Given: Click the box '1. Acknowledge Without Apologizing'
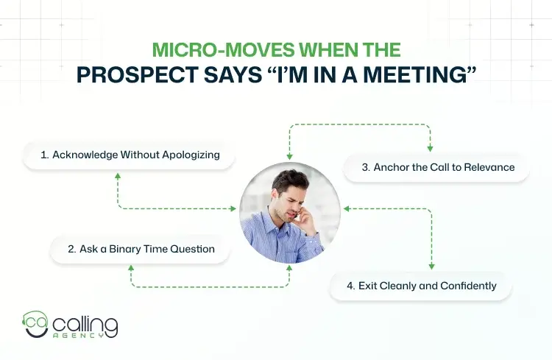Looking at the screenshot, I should tap(131, 156).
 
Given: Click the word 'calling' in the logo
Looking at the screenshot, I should tap(85, 322).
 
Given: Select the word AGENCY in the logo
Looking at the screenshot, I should tap(85, 337).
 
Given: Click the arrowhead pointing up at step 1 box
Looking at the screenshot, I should tap(117, 174).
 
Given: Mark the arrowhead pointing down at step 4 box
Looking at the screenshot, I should tap(431, 267).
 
